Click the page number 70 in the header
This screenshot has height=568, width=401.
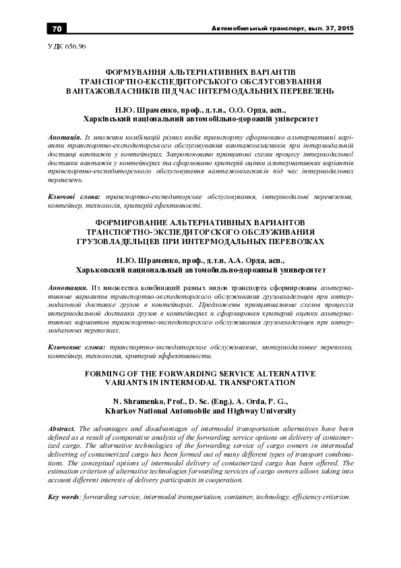click(57, 28)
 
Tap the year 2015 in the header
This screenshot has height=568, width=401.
click(344, 28)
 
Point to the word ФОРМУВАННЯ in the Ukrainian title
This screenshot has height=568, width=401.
click(131, 70)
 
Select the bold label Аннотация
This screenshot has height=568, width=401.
click(69, 287)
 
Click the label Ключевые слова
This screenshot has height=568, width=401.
click(78, 346)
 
